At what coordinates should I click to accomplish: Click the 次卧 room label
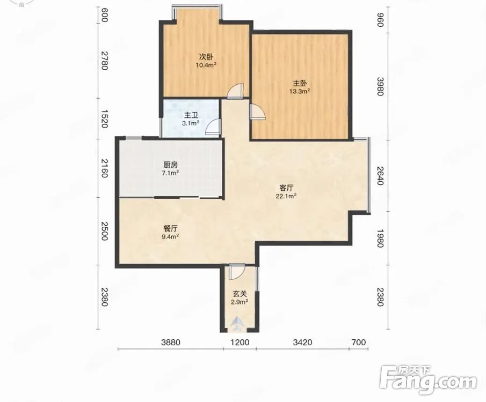pyautogui.click(x=206, y=57)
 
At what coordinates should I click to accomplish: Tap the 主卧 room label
pyautogui.click(x=300, y=83)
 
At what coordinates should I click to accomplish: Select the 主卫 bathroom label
pyautogui.click(x=191, y=115)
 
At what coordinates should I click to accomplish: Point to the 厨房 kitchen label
pyautogui.click(x=170, y=165)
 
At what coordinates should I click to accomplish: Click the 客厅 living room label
pyautogui.click(x=286, y=188)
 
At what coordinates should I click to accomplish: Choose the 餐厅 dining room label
pyautogui.click(x=170, y=229)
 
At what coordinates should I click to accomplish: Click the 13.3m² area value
pyautogui.click(x=300, y=91)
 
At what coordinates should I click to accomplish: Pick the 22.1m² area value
pyautogui.click(x=286, y=196)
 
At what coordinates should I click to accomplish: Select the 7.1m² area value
pyautogui.click(x=170, y=173)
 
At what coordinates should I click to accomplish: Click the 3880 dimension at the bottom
pyautogui.click(x=170, y=343)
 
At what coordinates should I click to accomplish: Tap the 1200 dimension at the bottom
pyautogui.click(x=240, y=343)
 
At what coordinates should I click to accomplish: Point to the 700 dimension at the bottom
pyautogui.click(x=359, y=343)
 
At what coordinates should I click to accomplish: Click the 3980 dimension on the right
pyautogui.click(x=381, y=86)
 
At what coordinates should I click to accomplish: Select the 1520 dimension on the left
pyautogui.click(x=104, y=118)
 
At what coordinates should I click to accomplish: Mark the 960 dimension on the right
pyautogui.click(x=381, y=20)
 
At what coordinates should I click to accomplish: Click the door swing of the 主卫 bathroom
pyautogui.click(x=214, y=127)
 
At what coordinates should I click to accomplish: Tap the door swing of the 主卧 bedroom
pyautogui.click(x=258, y=111)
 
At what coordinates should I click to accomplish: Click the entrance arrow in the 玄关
pyautogui.click(x=238, y=323)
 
